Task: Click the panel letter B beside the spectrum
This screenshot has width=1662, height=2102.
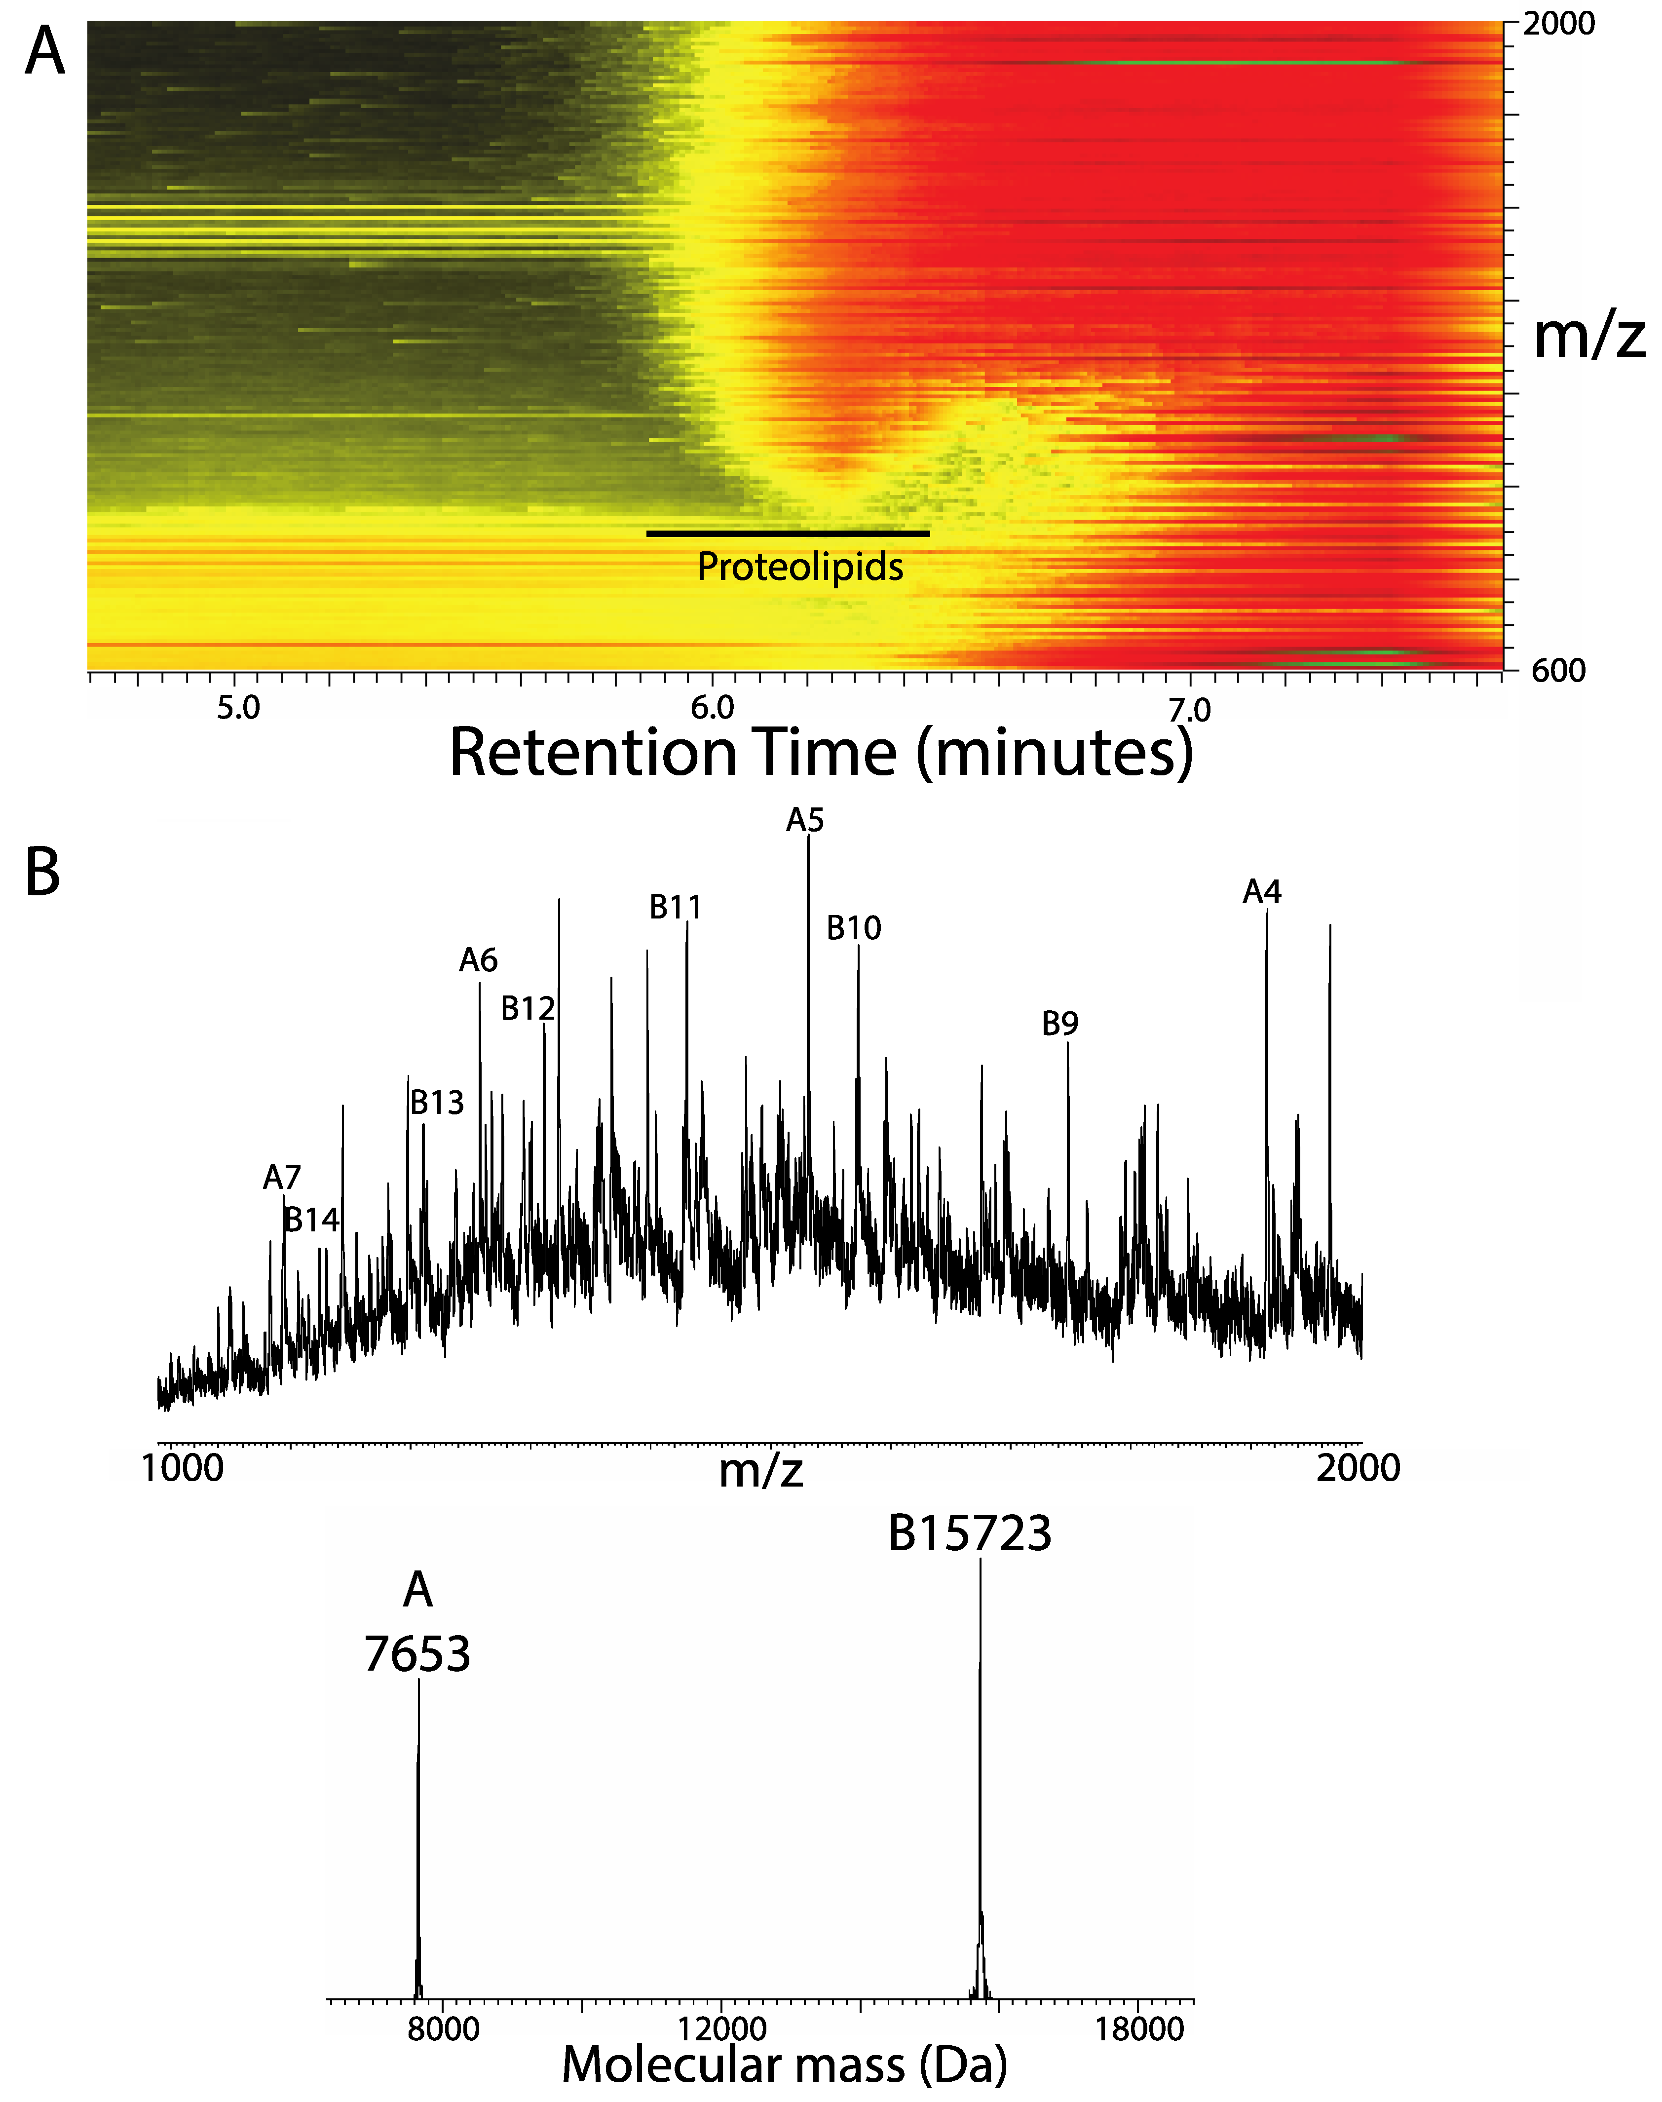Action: [43, 873]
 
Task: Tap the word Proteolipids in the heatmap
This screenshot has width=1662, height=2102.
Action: [800, 567]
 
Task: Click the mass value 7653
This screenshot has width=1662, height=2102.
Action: [417, 1654]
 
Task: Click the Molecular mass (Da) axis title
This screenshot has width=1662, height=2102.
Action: [784, 2066]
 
